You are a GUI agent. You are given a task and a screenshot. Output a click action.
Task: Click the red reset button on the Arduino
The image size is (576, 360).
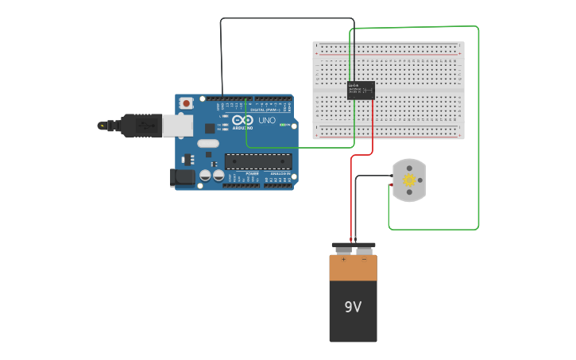[186, 103]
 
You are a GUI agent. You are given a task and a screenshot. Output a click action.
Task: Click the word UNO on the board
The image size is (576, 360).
[267, 121]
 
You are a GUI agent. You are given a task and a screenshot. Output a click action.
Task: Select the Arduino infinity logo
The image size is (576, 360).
[243, 120]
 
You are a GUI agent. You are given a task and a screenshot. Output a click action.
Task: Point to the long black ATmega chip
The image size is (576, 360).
[257, 161]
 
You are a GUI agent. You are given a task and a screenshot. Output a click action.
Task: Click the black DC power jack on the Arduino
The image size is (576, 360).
[183, 178]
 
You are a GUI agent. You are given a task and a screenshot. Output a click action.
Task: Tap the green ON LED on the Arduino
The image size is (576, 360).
[283, 125]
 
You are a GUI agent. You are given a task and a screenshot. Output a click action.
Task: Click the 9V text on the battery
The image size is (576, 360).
[353, 307]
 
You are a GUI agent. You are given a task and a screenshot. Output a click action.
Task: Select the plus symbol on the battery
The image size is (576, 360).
[343, 259]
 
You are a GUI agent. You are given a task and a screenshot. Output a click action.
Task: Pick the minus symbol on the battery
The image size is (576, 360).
[364, 259]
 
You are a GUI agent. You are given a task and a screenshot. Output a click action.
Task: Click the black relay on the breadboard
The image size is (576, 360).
[361, 90]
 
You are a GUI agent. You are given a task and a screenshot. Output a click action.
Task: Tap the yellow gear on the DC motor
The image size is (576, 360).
[410, 180]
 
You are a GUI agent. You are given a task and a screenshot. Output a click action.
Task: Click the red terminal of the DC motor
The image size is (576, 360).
[391, 185]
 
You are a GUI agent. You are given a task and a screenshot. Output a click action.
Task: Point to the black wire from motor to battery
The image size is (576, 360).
[356, 207]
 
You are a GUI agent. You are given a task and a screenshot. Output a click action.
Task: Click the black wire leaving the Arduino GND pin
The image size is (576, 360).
[221, 56]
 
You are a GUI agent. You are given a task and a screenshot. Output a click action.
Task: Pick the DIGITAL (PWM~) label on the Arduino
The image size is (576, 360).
[267, 108]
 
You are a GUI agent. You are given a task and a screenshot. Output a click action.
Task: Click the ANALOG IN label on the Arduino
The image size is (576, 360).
[280, 172]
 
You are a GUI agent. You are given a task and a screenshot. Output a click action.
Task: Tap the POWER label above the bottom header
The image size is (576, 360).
[252, 172]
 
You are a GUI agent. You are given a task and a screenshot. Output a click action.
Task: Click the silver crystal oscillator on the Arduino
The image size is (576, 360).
[207, 144]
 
